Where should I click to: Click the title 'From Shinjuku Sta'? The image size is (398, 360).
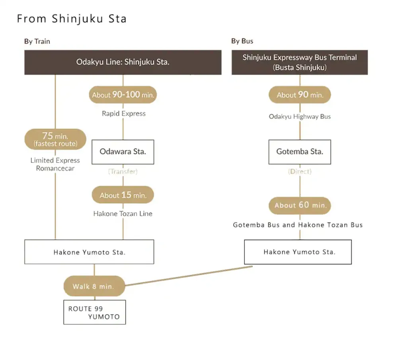72,19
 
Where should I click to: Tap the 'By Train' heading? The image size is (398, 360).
37,41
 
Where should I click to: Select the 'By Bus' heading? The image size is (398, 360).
242,41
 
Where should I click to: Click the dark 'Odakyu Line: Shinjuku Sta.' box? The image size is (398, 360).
123,62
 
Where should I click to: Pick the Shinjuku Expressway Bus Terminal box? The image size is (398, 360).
299,62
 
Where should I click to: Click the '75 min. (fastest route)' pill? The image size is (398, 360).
55,139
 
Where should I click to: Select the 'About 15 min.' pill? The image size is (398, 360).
123,195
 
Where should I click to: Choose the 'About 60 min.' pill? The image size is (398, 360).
300,205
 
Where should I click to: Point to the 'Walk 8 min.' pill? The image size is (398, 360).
94,286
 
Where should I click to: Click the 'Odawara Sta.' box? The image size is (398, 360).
123,152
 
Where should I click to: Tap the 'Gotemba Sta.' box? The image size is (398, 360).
300,152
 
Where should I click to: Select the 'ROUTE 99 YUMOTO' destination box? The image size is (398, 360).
94,312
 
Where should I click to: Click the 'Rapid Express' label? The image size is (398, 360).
123,113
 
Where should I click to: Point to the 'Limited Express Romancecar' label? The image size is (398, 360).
55,164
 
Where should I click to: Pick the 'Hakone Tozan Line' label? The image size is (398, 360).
123,214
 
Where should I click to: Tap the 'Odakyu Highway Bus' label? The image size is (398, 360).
300,117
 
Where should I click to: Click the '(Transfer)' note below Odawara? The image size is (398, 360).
123,171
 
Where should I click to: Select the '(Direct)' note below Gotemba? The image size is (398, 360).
300,171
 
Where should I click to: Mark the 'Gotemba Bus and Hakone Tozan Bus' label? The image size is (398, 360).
298,225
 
